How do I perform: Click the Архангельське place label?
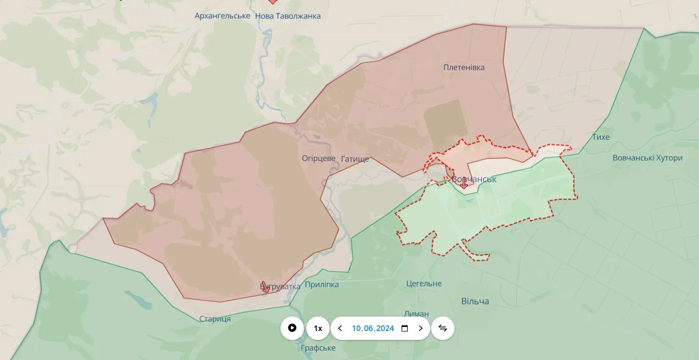[x=222, y=16]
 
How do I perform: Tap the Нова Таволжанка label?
[x=288, y=16]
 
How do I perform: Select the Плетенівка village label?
[x=464, y=67]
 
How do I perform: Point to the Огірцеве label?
[x=319, y=158]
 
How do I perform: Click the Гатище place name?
[x=355, y=159]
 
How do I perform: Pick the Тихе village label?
[x=600, y=137]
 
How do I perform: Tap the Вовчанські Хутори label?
[x=647, y=158]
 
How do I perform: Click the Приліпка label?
[x=322, y=285]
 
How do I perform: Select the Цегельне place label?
[x=424, y=284]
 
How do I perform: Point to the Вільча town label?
[x=475, y=301]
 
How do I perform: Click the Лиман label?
[x=416, y=314]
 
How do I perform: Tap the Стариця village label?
[x=215, y=319]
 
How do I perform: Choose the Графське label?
[x=318, y=348]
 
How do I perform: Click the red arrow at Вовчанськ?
[x=463, y=184]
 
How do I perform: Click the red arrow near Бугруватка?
[x=265, y=287]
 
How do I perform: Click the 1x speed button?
[x=318, y=328]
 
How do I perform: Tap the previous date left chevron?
[x=340, y=328]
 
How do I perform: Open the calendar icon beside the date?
[x=405, y=328]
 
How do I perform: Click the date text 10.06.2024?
[x=373, y=328]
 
